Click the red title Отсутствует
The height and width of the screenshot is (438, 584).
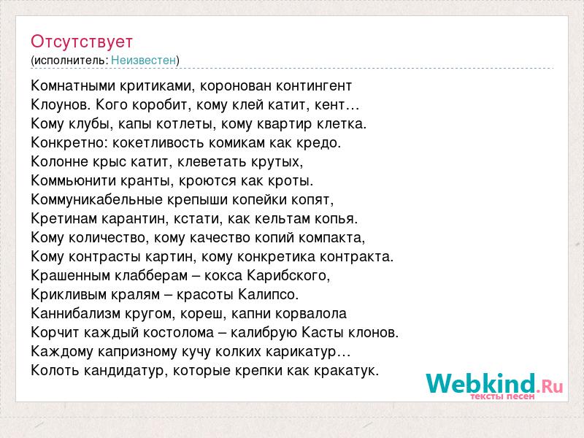(x=82, y=42)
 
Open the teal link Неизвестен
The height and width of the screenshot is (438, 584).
(x=143, y=60)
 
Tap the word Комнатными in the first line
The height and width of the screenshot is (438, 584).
(x=73, y=85)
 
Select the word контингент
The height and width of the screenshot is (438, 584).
(x=314, y=86)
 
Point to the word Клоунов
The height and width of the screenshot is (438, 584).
(x=61, y=105)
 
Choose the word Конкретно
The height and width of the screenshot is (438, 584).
(x=69, y=142)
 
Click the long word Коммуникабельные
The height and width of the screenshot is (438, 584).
(x=97, y=199)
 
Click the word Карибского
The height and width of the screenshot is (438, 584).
(x=288, y=276)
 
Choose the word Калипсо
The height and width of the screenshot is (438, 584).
(x=268, y=295)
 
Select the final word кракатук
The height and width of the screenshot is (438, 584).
(x=346, y=370)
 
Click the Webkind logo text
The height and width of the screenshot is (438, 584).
(x=494, y=384)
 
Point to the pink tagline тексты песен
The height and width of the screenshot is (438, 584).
(x=502, y=396)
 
